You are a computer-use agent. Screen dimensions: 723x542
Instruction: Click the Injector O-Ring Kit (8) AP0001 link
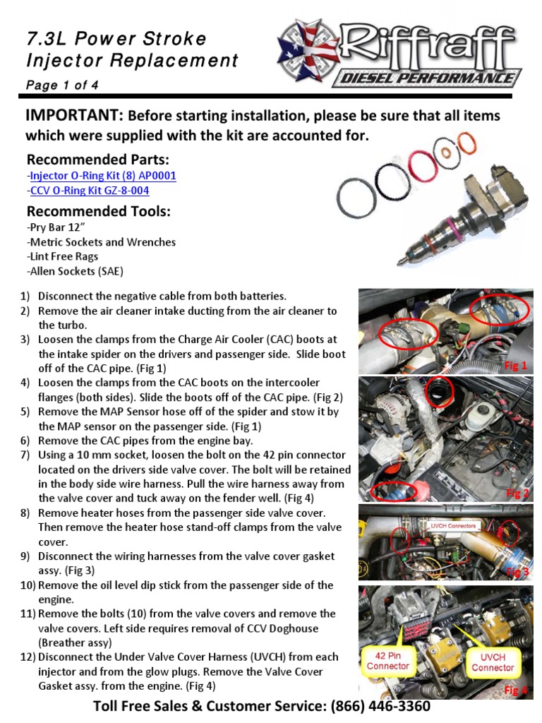[102, 176]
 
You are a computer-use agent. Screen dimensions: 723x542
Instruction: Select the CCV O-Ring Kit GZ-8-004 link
[89, 191]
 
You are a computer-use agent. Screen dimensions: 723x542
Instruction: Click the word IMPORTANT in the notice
[75, 116]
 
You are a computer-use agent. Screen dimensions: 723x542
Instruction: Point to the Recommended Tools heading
[99, 212]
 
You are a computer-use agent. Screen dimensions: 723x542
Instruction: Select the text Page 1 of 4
[62, 85]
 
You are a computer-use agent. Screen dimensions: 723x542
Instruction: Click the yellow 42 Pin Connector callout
[387, 661]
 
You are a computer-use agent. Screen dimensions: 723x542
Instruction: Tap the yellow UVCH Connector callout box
[493, 662]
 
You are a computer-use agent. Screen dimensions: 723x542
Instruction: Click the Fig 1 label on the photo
[514, 365]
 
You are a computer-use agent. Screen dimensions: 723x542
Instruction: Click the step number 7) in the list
[25, 455]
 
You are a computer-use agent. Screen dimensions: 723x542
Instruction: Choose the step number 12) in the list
[27, 657]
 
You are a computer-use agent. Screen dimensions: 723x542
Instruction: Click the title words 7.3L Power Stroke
[116, 38]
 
